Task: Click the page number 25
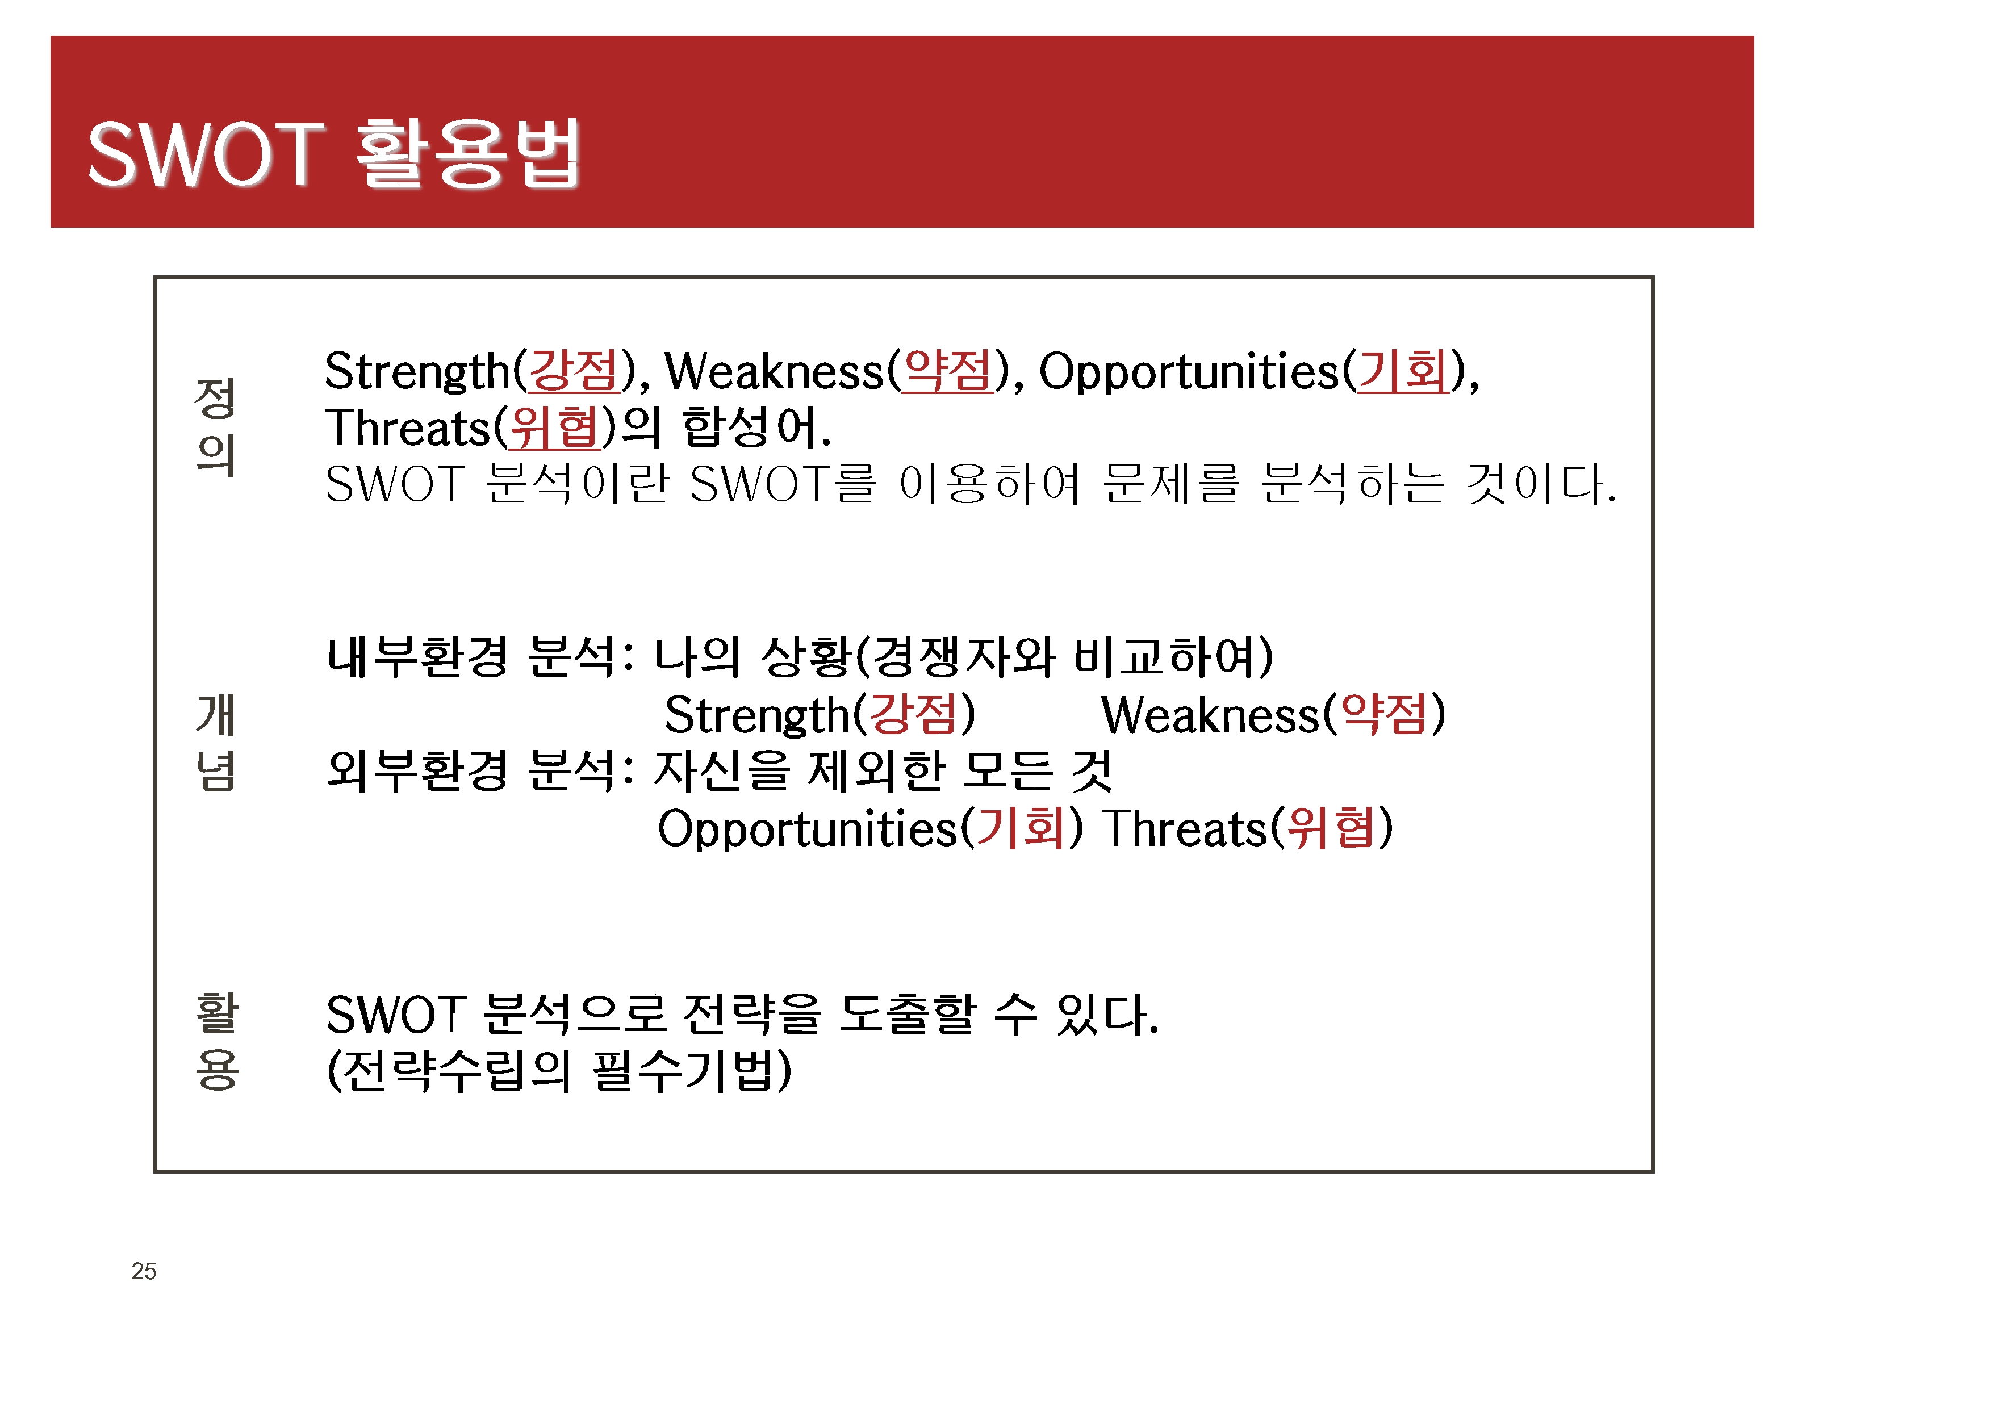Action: pyautogui.click(x=144, y=1271)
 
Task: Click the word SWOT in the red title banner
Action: pyautogui.click(x=206, y=154)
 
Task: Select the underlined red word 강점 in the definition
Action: pyautogui.click(x=573, y=371)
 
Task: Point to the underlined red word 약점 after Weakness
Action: pyautogui.click(x=948, y=371)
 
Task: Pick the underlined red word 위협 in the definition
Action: pyautogui.click(x=554, y=428)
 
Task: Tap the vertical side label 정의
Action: pyautogui.click(x=215, y=426)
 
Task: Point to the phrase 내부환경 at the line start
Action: pyautogui.click(x=417, y=656)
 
